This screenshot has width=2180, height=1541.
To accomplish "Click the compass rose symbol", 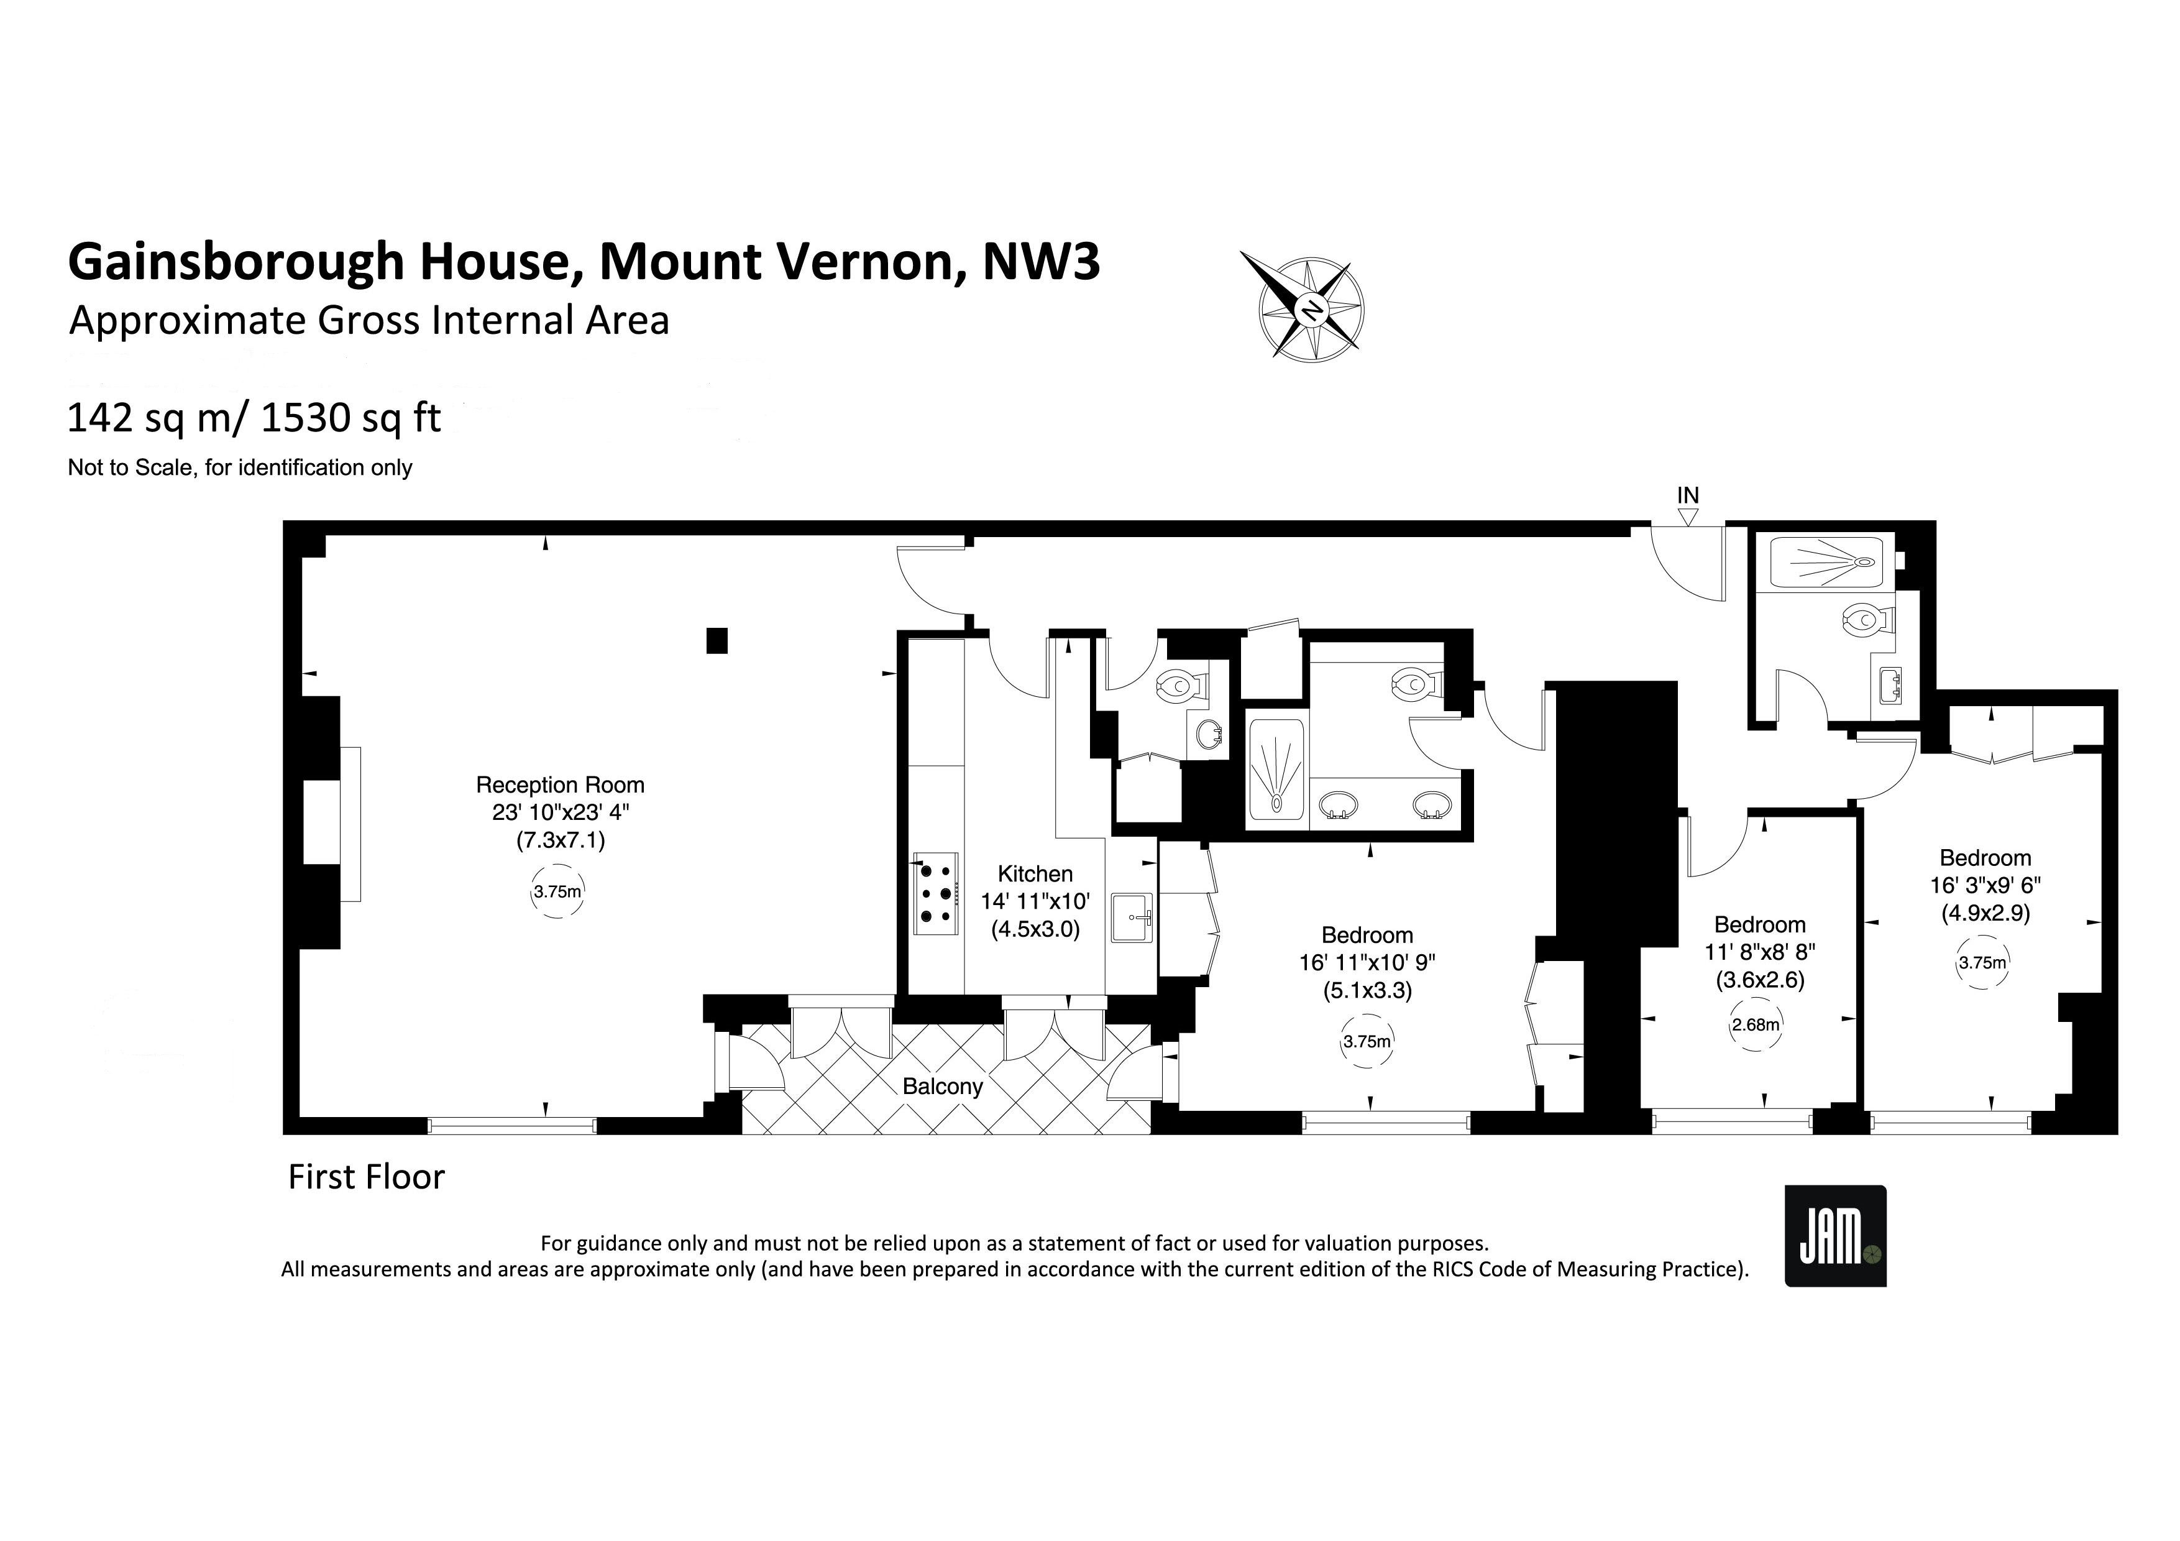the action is point(1311,308).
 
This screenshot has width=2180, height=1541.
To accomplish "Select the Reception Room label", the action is point(560,785).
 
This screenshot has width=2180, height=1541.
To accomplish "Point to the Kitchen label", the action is point(1035,873).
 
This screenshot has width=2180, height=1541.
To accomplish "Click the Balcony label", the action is point(942,1086).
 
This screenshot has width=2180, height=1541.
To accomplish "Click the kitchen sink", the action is point(1131,918).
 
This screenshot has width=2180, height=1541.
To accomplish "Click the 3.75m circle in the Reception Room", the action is point(557,891).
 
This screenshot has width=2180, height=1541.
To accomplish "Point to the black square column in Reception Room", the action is point(717,641).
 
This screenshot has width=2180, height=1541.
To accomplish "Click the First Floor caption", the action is point(367,1177).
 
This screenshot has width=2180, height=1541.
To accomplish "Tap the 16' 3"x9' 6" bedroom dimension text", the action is point(1985,885).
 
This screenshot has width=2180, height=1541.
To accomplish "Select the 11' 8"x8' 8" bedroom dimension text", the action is point(1759,951).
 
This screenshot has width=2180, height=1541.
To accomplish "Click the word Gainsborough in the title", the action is point(236,262).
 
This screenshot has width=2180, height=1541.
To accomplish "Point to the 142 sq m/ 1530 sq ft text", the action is point(254,418).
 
